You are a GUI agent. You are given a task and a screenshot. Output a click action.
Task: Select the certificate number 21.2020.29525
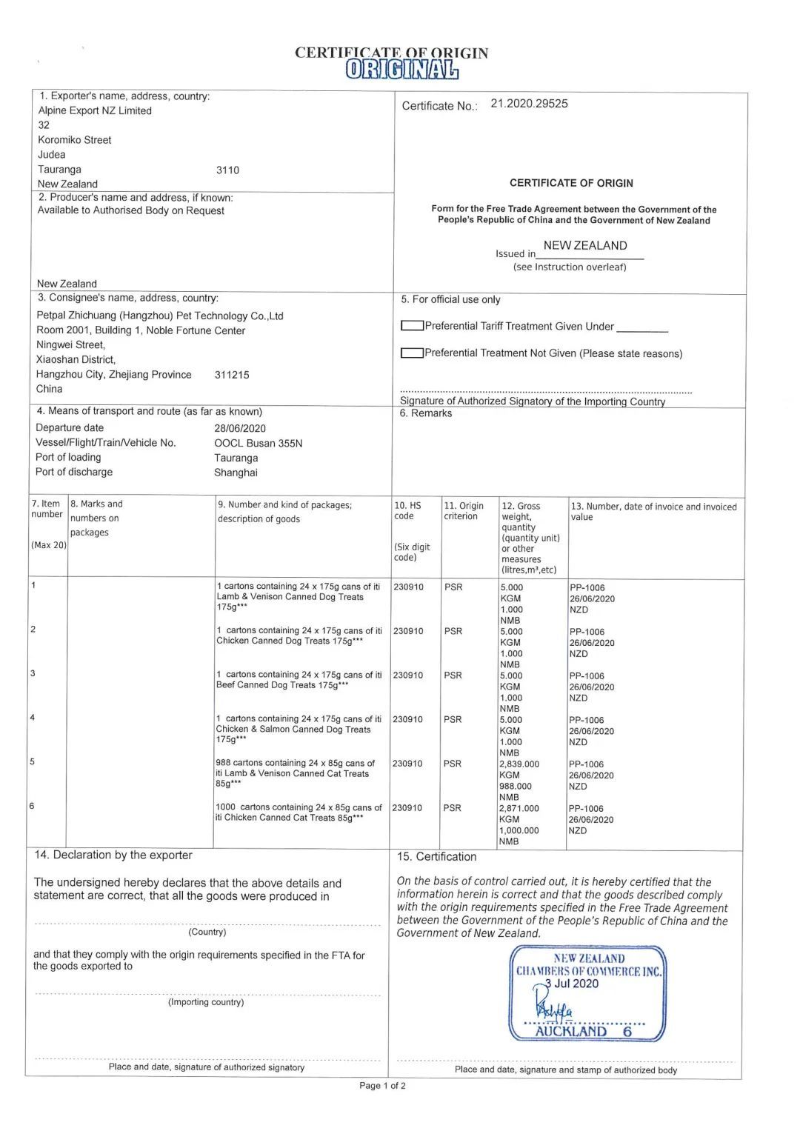pos(529,104)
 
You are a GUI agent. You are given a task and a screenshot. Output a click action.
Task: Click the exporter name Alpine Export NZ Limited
pos(95,110)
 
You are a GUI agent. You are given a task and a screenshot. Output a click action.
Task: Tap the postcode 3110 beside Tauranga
pos(227,170)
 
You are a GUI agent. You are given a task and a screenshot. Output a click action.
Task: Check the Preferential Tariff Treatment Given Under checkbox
pos(411,326)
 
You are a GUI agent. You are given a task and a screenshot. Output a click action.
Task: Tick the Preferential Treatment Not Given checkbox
pos(411,353)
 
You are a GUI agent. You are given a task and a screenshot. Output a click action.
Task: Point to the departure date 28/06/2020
pos(240,428)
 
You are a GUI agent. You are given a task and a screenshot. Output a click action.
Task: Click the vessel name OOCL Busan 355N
pos(258,443)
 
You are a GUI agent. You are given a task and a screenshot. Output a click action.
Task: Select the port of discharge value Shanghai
pos(236,473)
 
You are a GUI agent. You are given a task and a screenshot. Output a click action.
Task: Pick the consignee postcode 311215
pos(232,375)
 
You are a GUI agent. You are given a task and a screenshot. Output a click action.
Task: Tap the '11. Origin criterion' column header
pos(463,510)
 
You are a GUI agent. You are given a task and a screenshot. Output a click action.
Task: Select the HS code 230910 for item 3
pos(408,675)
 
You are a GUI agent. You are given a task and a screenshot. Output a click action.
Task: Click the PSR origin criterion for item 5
pos(453,764)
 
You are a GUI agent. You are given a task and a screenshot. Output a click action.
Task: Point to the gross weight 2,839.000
pos(519,764)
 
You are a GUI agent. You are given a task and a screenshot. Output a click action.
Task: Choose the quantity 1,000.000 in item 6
pos(519,830)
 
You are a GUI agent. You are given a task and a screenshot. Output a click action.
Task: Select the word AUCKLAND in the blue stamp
pos(570,1031)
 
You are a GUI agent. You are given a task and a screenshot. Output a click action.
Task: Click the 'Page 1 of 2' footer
pos(382,1086)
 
